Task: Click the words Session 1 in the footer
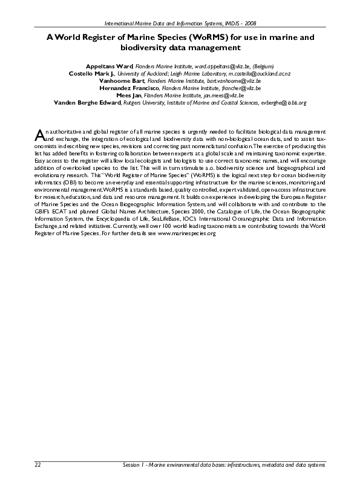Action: (x=133, y=465)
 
